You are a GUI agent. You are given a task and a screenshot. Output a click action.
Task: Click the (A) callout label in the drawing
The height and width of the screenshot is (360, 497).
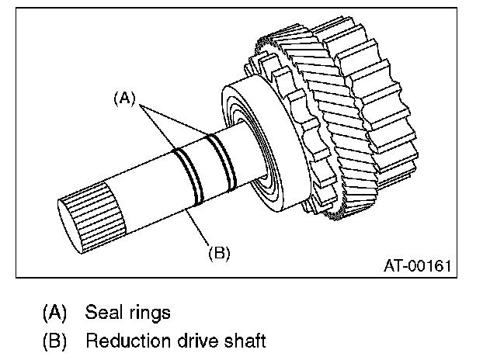click(x=124, y=99)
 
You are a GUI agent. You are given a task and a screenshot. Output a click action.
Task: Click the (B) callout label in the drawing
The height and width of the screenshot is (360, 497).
click(x=220, y=251)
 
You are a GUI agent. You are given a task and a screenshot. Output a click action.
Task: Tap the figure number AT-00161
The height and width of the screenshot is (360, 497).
click(x=418, y=266)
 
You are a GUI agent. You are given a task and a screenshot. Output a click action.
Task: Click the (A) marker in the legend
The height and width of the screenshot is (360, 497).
click(x=54, y=313)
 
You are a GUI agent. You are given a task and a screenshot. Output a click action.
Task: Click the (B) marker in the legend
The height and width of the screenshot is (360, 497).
click(x=54, y=340)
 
